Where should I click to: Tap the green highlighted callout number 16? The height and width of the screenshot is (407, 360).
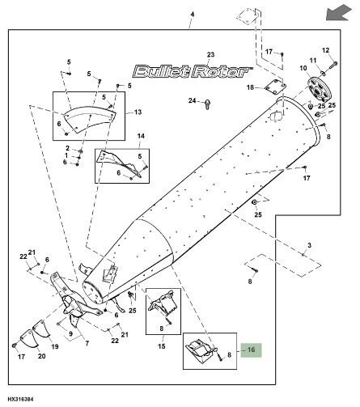pyautogui.click(x=251, y=350)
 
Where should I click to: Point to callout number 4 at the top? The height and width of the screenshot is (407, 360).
pyautogui.click(x=193, y=15)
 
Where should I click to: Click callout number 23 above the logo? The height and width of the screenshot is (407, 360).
pyautogui.click(x=211, y=55)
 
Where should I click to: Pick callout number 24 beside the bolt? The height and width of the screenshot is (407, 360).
pyautogui.click(x=193, y=100)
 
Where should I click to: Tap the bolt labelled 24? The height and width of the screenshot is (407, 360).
pyautogui.click(x=209, y=104)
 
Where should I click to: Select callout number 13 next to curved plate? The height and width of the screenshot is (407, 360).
pyautogui.click(x=138, y=112)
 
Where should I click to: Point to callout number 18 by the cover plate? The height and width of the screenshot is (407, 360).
pyautogui.click(x=251, y=87)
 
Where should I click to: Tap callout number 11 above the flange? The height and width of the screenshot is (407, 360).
pyautogui.click(x=312, y=61)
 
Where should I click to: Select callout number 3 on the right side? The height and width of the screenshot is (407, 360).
pyautogui.click(x=308, y=244)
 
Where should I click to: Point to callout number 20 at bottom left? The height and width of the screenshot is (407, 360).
pyautogui.click(x=41, y=355)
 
